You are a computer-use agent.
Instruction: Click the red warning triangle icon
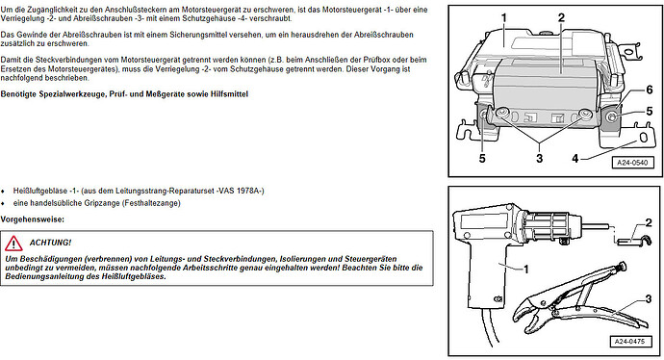coord(13,244)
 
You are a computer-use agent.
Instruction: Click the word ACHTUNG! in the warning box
coord(50,243)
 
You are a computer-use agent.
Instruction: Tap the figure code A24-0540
coord(632,163)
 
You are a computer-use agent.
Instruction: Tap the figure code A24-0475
coord(630,341)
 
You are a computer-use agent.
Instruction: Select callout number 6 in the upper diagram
coord(650,90)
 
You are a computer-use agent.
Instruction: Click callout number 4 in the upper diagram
coord(575,159)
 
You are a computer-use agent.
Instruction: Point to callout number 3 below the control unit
coord(539,159)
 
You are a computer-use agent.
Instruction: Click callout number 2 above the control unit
coord(561,17)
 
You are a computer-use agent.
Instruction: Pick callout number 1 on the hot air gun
coord(526,270)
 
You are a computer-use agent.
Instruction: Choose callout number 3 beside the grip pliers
coord(649,299)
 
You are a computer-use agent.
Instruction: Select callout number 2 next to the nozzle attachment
coord(649,222)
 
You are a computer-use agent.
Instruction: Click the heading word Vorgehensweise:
coord(33,219)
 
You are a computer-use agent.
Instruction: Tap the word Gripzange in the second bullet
coord(102,203)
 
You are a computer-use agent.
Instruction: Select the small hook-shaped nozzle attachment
coord(633,241)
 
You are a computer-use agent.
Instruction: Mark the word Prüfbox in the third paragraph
coord(367,60)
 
